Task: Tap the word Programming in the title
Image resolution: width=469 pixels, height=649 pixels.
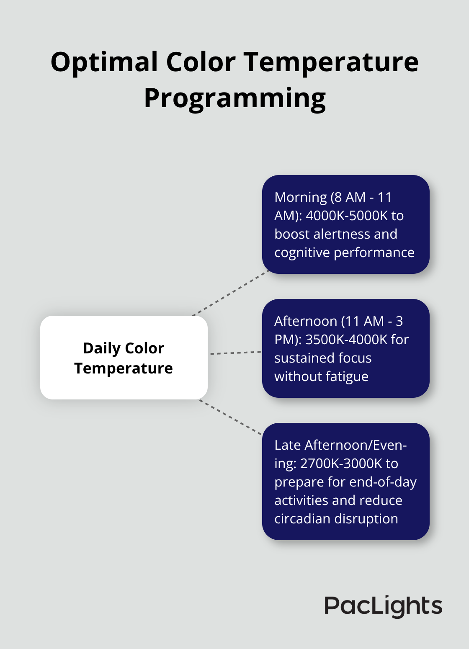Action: click(x=234, y=98)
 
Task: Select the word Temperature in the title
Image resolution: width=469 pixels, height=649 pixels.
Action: click(x=331, y=62)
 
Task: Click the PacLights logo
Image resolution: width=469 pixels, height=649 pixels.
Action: click(x=383, y=606)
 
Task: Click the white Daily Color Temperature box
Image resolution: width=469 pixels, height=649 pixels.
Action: click(x=124, y=358)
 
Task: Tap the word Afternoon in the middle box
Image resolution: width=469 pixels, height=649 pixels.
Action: click(x=306, y=321)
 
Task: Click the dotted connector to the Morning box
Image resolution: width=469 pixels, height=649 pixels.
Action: click(x=230, y=293)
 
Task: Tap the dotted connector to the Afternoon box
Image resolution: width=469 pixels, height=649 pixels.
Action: click(x=235, y=353)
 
